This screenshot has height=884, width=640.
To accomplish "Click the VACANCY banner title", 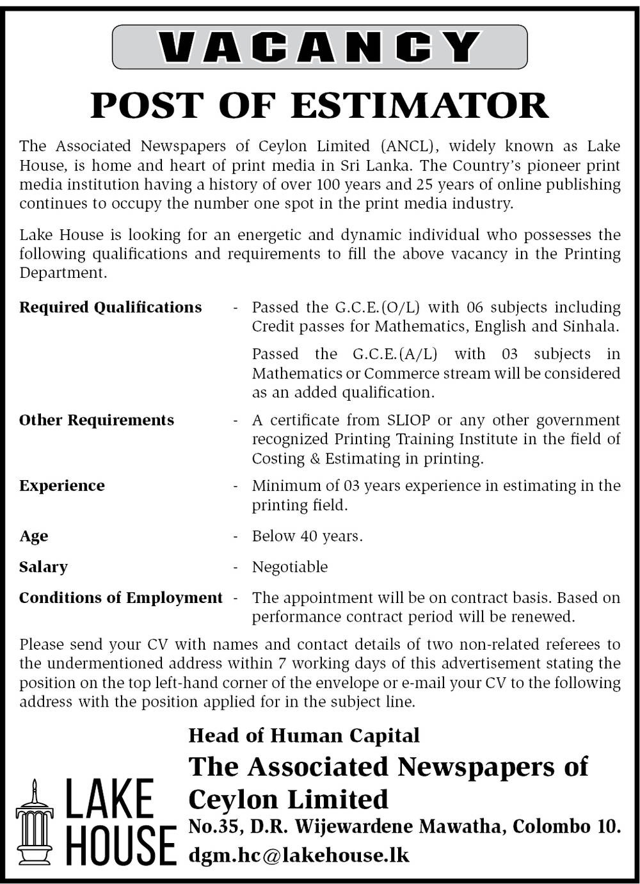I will point(319,47).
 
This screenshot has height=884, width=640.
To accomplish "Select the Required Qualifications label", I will point(110,307).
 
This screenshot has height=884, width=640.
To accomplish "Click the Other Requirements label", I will point(97,420).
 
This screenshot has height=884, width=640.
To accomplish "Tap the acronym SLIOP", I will point(410,420).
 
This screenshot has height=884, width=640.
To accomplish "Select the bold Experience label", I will point(62,485).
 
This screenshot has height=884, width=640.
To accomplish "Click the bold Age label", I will point(33,536).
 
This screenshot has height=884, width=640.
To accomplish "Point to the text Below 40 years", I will point(307,536).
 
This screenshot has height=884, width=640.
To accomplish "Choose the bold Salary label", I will point(43,567).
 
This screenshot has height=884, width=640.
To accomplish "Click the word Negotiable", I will point(290,567).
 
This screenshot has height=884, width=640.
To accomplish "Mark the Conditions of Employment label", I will point(121,597).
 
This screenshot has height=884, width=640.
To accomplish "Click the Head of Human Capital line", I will point(304,735).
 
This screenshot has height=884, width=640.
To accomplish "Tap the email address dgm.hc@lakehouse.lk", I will point(299,855).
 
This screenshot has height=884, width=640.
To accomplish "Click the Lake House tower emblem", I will point(35,822).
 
